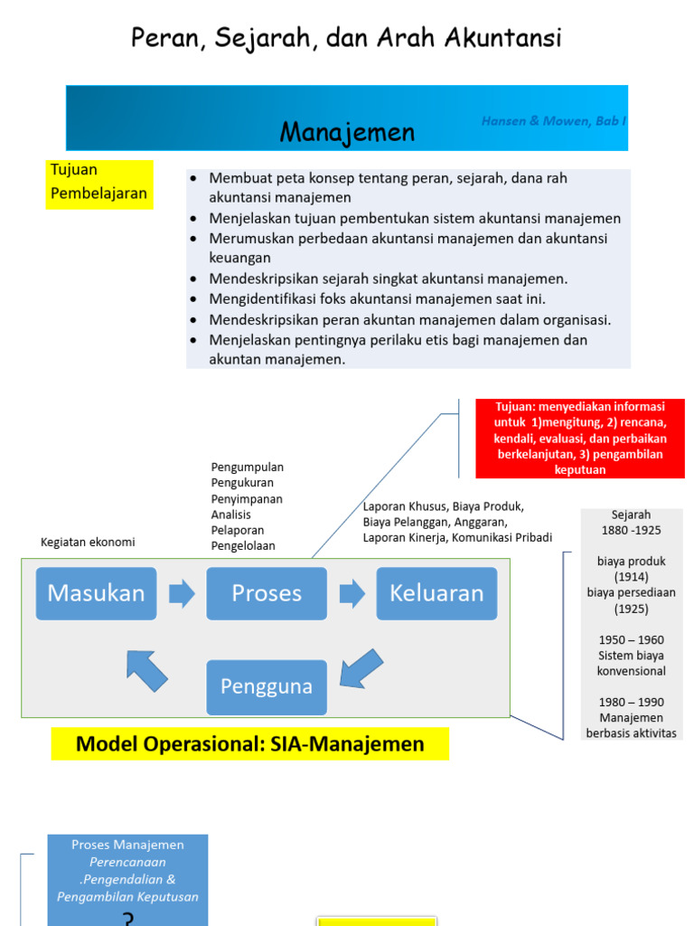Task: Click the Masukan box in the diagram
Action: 96,593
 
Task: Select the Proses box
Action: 267,593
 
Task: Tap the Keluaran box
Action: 436,593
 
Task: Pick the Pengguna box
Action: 267,686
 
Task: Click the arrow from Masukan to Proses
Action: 182,593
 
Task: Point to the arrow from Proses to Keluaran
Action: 352,593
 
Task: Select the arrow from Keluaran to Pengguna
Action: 361,666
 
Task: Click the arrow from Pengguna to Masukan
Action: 147,670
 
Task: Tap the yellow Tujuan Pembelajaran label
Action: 99,182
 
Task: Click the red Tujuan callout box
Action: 580,439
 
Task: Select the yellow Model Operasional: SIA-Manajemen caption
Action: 249,744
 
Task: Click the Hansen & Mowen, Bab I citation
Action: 553,120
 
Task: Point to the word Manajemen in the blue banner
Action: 347,133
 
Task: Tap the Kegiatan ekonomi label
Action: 88,543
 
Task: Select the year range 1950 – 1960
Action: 632,639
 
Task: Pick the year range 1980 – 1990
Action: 632,702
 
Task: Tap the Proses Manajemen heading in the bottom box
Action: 127,845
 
